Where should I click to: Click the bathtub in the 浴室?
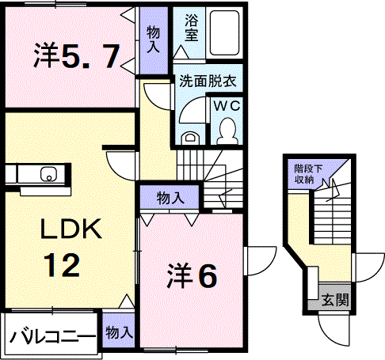pos(225,32)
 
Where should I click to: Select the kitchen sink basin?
pos(48,174)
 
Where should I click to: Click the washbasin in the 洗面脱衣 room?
pos(189,139)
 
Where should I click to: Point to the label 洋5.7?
pos(77,56)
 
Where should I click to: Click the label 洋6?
pos(192,276)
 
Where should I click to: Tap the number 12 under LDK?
pos(63,265)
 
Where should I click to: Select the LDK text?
pos(71,229)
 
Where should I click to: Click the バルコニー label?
pos(52,336)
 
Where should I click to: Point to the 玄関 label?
pos(335,300)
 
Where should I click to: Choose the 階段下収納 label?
pos(308,174)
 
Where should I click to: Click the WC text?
pos(227,106)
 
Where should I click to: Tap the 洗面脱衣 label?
pos(208,81)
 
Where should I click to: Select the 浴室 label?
pos(192,28)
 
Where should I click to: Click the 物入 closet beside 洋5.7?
pos(154,40)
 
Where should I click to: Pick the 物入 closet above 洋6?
pos(170,197)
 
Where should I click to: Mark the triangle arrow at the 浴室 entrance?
pos(181,52)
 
